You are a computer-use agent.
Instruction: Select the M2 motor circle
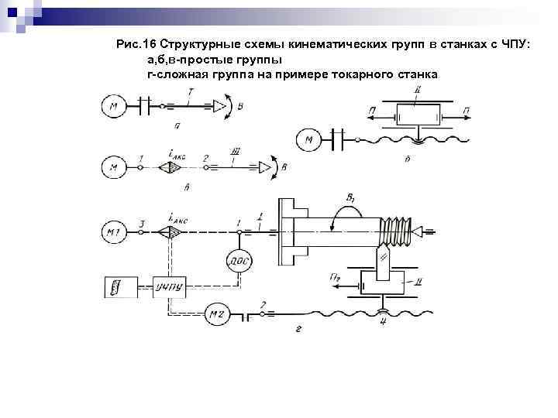click(x=215, y=314)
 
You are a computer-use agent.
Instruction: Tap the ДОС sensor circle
click(x=238, y=262)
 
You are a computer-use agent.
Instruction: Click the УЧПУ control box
click(x=168, y=287)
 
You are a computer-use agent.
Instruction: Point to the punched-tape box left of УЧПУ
click(x=120, y=287)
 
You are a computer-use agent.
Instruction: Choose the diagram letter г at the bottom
click(x=299, y=329)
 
